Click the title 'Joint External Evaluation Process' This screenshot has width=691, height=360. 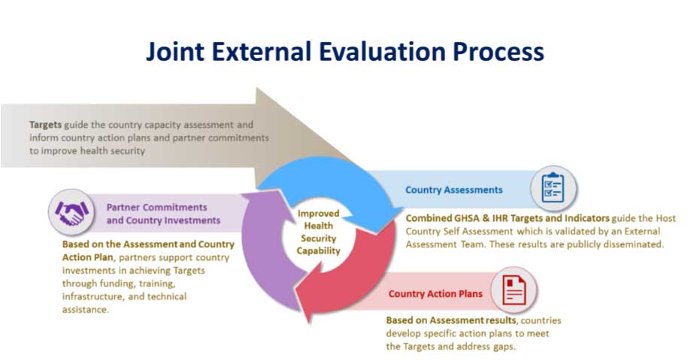(344, 52)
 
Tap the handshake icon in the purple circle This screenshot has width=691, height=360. (69, 211)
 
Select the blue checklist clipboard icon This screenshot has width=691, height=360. (553, 189)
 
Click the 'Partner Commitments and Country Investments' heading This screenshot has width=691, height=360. (163, 213)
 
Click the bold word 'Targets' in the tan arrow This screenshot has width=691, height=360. (45, 124)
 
